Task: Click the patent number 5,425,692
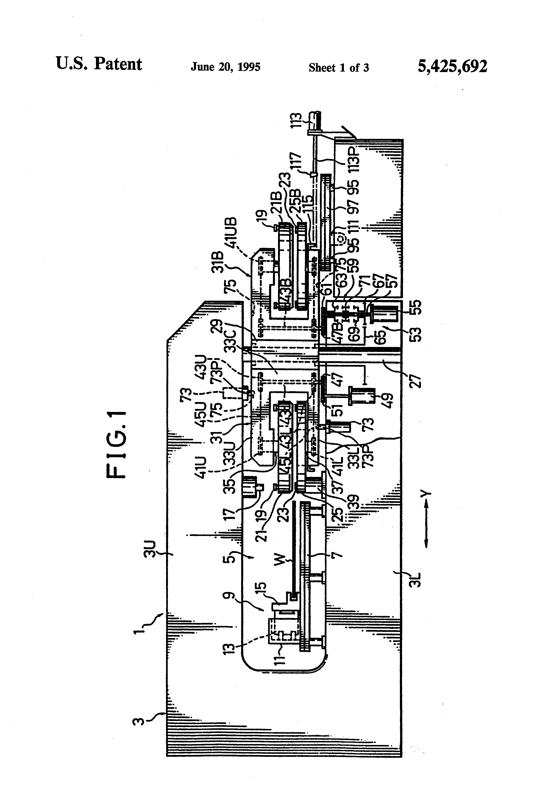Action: [452, 66]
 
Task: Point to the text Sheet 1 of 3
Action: [338, 68]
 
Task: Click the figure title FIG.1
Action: [117, 444]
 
